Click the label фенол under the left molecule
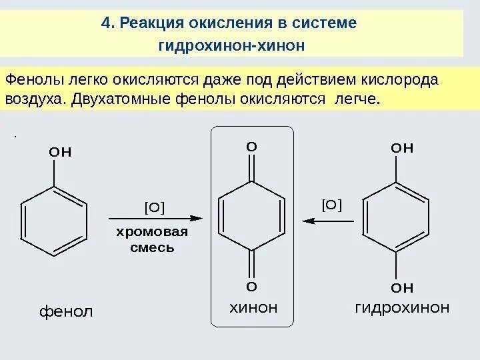click(64, 311)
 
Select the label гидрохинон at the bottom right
click(402, 307)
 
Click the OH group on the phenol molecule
click(60, 151)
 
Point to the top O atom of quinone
click(251, 145)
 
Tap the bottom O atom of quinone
click(251, 287)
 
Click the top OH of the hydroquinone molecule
click(402, 147)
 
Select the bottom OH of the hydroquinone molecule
click(402, 288)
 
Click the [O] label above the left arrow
click(155, 207)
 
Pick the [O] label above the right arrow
click(331, 204)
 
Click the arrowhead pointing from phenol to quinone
click(195, 218)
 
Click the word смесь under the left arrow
click(152, 247)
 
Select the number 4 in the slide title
click(105, 23)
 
